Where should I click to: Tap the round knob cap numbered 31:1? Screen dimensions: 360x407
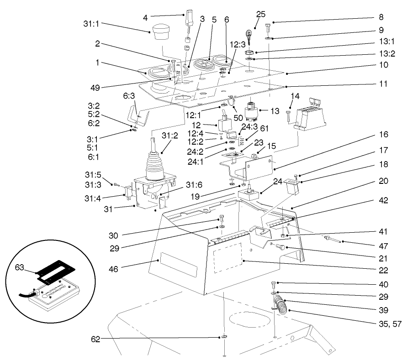click(160, 32)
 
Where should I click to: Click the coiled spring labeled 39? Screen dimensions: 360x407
click(284, 305)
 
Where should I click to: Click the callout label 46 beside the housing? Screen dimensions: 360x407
click(112, 269)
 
